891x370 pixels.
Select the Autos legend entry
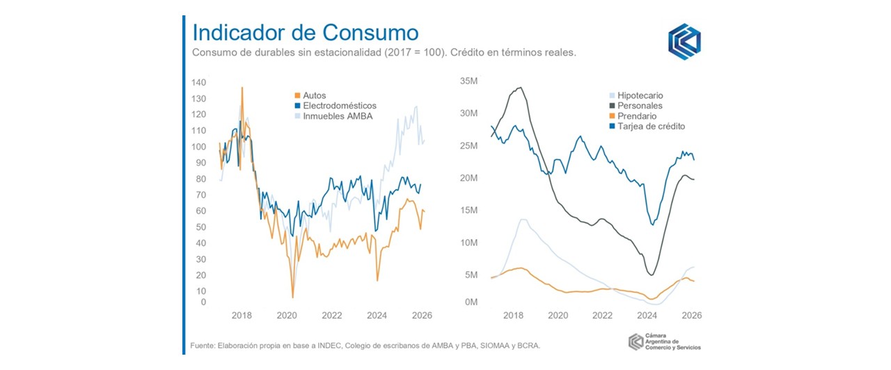315,95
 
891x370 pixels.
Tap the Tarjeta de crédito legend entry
651,127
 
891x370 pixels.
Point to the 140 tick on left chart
198,82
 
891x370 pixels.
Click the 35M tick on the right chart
468,81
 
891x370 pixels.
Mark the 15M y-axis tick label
468,210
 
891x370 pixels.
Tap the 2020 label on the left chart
287,315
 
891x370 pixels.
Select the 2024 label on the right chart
647,315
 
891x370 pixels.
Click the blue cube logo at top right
684,40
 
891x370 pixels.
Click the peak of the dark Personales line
519,88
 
